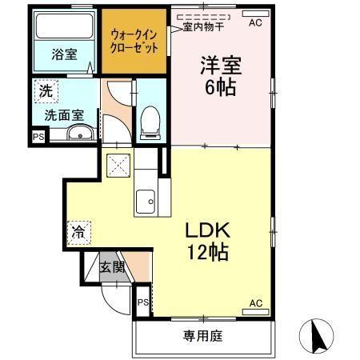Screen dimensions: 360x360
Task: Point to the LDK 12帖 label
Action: point(206,241)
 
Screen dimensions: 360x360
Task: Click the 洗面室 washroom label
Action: point(63,115)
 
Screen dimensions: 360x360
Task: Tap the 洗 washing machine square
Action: point(46,91)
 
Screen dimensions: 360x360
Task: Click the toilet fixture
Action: point(149,121)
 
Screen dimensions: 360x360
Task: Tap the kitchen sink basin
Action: point(146,202)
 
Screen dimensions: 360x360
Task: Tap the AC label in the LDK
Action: point(255,302)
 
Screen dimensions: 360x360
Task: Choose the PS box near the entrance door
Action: point(142,302)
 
